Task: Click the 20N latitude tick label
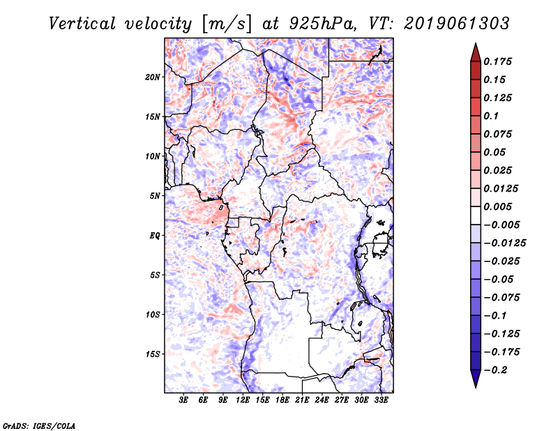tap(153, 77)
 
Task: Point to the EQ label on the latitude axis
tap(154, 235)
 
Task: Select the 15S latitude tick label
tap(153, 354)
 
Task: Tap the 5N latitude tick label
tap(154, 196)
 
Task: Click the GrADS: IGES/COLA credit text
tap(29, 424)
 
